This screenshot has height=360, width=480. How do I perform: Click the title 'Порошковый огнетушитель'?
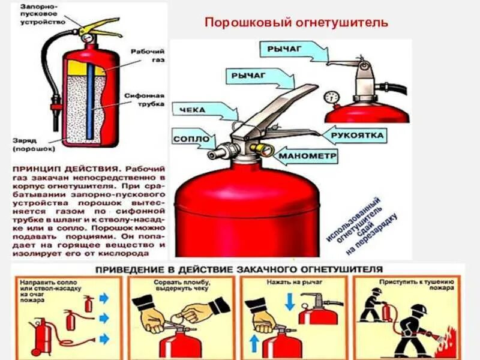297,23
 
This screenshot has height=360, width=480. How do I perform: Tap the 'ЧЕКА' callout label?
193,110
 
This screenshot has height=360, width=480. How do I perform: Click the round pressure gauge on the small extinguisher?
331,97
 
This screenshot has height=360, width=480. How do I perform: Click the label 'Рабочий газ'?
149,55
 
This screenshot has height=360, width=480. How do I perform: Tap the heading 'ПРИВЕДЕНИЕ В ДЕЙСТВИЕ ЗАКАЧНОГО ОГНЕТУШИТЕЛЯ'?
237,269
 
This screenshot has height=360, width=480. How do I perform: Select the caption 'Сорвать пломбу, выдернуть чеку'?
177,284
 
